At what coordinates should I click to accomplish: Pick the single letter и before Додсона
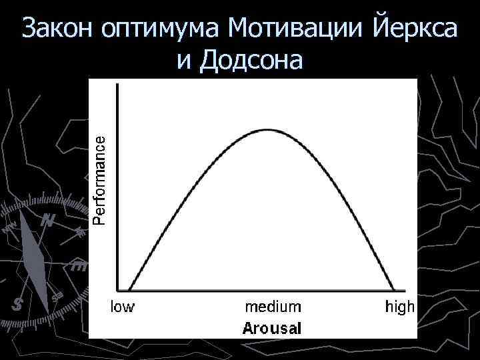(x=185, y=62)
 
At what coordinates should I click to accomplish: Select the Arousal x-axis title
(x=272, y=328)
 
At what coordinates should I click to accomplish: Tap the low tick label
(x=122, y=307)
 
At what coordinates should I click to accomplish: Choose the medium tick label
(x=273, y=307)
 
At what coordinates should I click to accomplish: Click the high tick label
(x=400, y=307)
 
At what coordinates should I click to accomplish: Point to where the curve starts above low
(x=129, y=290)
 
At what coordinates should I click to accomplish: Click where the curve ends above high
(x=395, y=290)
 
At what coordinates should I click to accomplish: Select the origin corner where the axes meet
(x=118, y=290)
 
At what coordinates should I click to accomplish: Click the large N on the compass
(x=47, y=221)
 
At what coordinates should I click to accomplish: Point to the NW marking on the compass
(x=8, y=229)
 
